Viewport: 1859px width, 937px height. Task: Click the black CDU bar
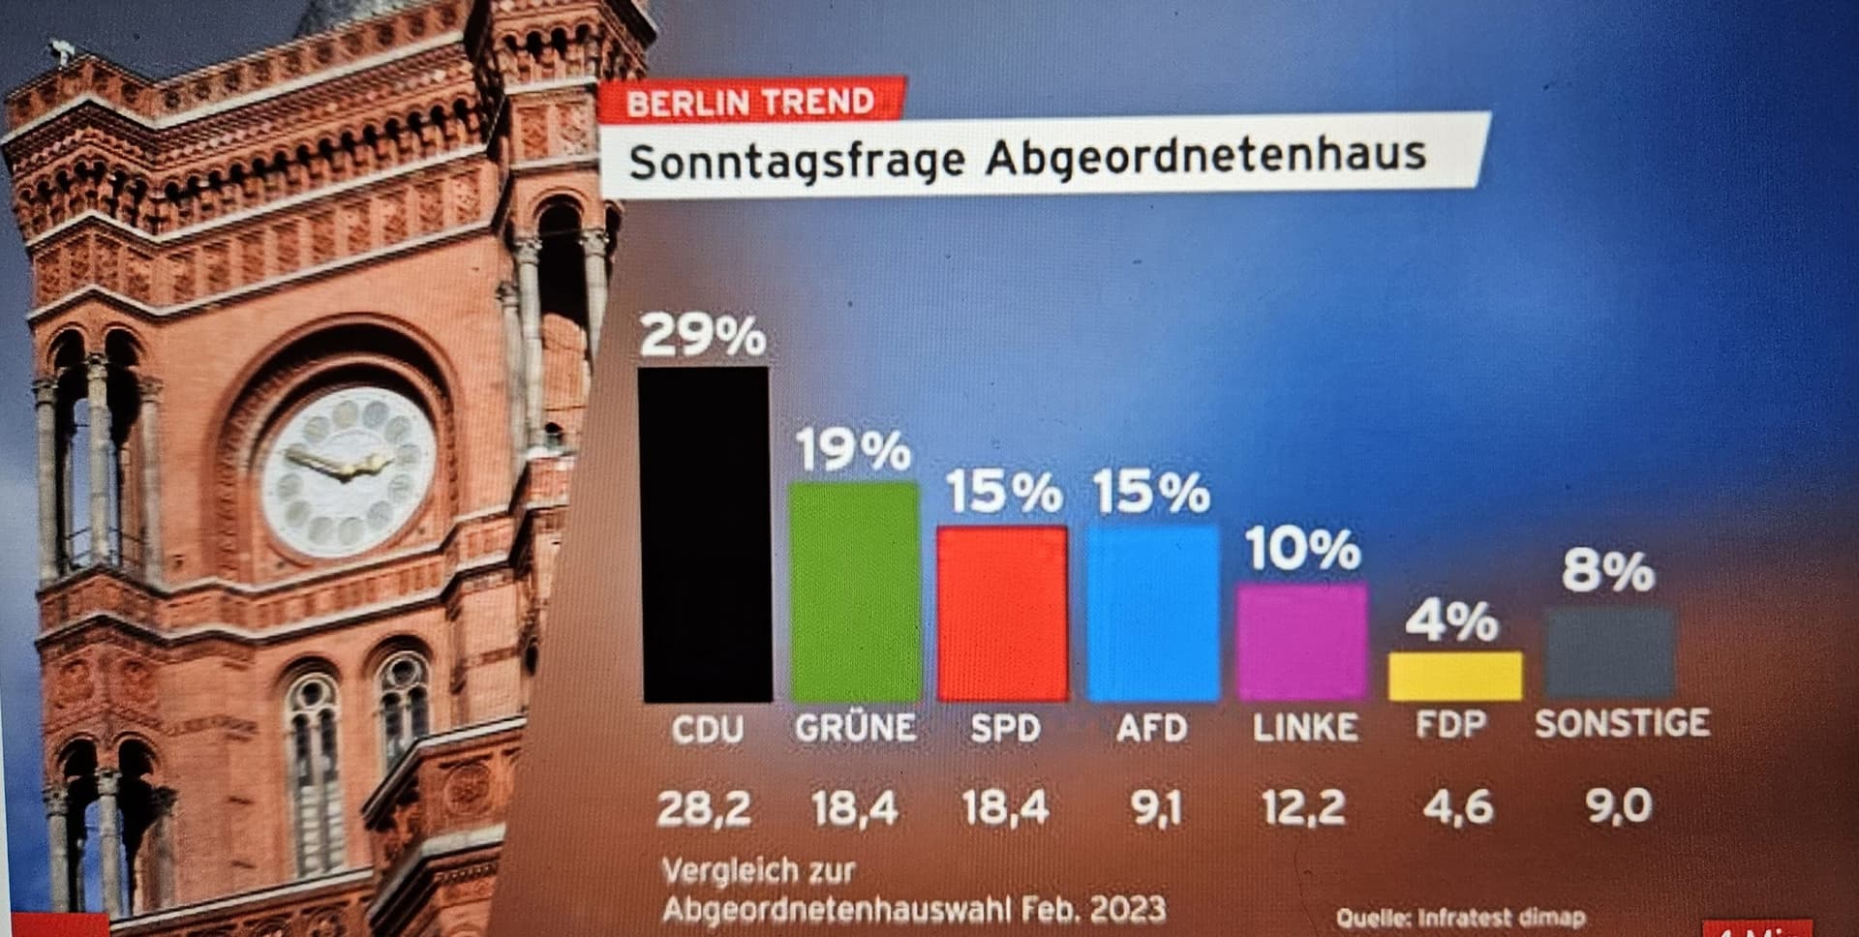click(x=705, y=534)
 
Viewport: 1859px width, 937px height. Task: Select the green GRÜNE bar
click(x=855, y=591)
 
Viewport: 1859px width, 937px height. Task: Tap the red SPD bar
click(x=1002, y=614)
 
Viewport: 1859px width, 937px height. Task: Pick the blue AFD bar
click(x=1152, y=614)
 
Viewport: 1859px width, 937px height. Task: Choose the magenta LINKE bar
click(x=1302, y=641)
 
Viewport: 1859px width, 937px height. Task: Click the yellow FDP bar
click(x=1453, y=676)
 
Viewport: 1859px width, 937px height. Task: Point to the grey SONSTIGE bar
click(x=1610, y=652)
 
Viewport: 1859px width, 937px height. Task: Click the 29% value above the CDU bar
click(x=702, y=336)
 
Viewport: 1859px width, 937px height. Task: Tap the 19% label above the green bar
click(x=853, y=450)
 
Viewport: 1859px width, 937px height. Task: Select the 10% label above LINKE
click(x=1303, y=549)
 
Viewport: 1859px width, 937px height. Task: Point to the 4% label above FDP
click(x=1451, y=620)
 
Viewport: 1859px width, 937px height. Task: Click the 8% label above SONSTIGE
click(x=1607, y=570)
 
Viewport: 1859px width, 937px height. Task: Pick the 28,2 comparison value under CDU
click(x=704, y=807)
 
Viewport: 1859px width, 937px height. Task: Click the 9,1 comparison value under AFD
click(x=1156, y=807)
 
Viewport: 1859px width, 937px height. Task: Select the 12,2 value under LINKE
click(x=1303, y=807)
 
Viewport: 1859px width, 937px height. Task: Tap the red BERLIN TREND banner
click(x=750, y=102)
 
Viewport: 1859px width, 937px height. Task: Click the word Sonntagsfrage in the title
click(x=797, y=162)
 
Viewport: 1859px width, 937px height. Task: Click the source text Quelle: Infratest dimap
click(x=1460, y=917)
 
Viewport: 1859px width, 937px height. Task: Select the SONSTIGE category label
click(x=1622, y=723)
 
